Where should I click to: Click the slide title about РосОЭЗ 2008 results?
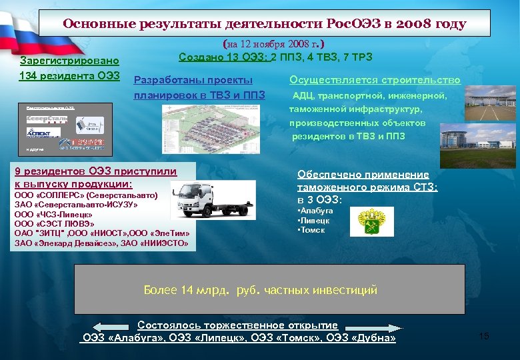pos(264,24)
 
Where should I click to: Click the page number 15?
pos(484,336)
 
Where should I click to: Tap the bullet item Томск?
pos(313,230)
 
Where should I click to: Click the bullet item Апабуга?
pos(315,210)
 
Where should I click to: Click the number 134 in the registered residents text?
pos(31,74)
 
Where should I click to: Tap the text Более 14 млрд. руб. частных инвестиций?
pos(261,290)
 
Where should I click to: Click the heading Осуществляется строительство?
pos(375,80)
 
